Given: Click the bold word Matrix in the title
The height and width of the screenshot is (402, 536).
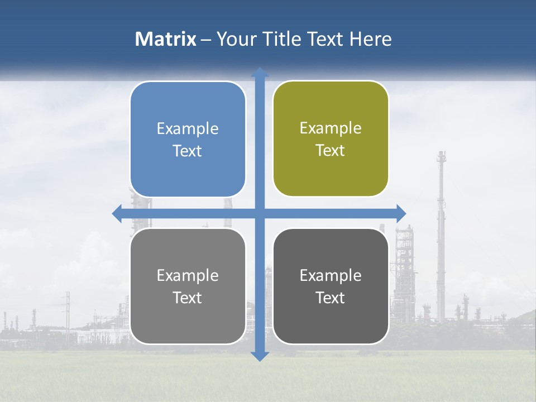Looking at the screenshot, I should pos(166,39).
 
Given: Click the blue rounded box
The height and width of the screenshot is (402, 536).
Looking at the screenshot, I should pos(188,139).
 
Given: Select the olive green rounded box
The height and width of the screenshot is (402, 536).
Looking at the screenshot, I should pos(331,138).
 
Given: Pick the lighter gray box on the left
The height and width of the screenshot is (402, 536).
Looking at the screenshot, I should pos(188,286).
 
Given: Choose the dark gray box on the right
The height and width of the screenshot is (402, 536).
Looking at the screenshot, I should pos(331,286).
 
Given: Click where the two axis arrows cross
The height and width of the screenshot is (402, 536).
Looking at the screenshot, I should pos(260,213).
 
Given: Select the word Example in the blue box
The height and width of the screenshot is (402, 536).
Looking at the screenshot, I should pos(188,129).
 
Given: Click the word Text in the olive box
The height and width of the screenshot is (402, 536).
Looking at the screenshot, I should pos(331,151).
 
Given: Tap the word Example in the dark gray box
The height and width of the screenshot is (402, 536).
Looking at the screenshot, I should pos(331,275).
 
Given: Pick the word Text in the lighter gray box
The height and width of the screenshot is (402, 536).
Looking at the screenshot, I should pos(188,298).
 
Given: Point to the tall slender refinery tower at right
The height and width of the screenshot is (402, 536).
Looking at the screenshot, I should pos(441,234).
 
